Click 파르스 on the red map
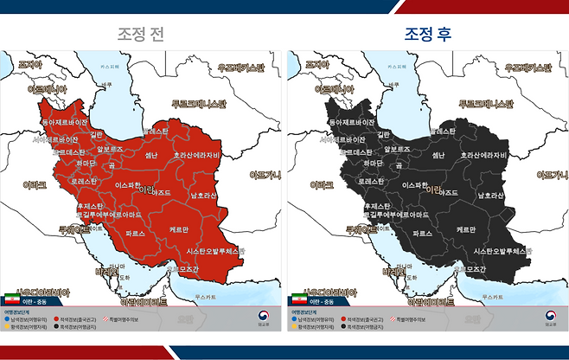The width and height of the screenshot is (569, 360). [x=135, y=234]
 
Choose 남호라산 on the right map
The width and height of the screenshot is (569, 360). [x=491, y=196]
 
